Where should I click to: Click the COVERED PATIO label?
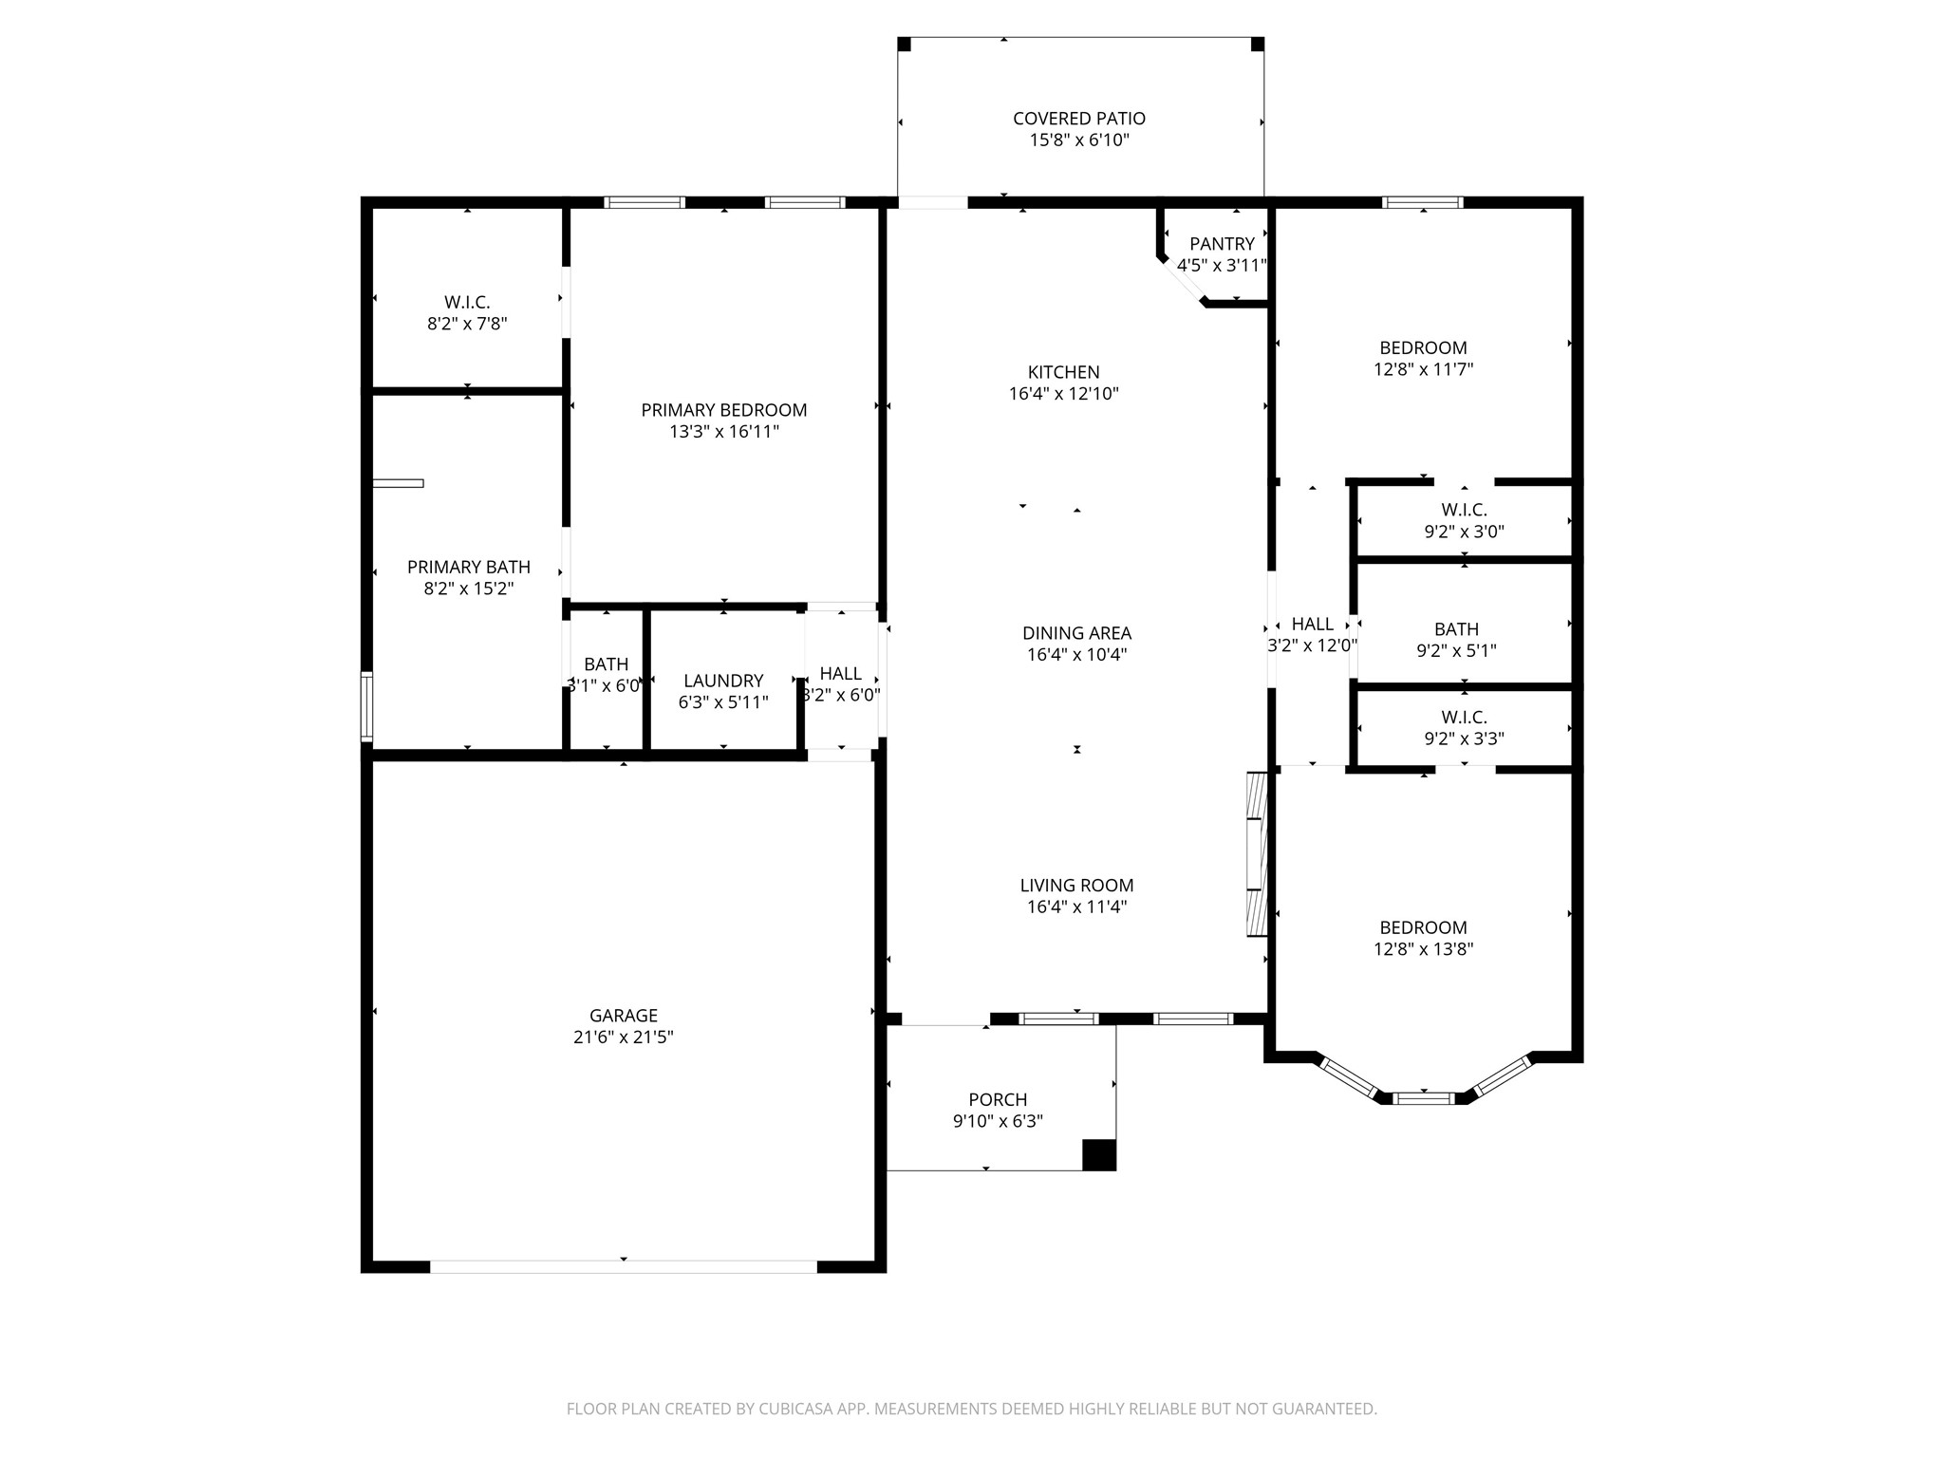coord(1078,119)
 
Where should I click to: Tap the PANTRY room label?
coord(1222,244)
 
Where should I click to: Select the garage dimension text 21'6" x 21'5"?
coord(623,1037)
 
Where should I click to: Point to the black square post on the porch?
coord(1099,1154)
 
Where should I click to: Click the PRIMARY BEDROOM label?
coord(723,410)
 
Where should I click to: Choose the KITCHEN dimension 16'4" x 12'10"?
coord(1063,394)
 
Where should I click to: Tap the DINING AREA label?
coord(1076,633)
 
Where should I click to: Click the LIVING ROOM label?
coord(1076,886)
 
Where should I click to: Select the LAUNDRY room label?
coord(723,681)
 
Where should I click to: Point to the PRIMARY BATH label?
coord(468,567)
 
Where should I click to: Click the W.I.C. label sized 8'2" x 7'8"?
coord(467,303)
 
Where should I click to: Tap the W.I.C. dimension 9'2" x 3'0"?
coord(1464,533)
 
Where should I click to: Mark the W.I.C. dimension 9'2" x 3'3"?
coord(1464,738)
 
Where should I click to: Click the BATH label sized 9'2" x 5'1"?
coord(1456,629)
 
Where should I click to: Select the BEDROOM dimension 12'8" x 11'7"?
coord(1423,369)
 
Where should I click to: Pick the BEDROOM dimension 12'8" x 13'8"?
coord(1423,949)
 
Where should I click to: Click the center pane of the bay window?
coord(1423,1098)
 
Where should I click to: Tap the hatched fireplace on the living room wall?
coord(1257,854)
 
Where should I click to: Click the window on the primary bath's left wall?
coord(366,705)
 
